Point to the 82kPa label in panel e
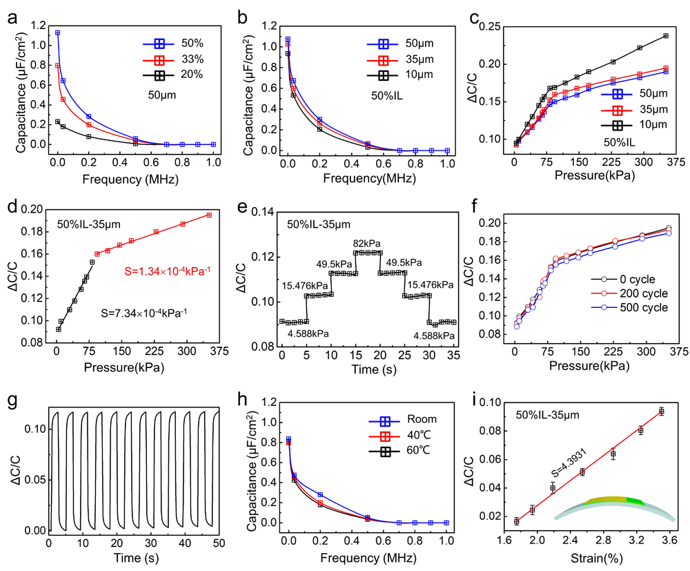(x=368, y=243)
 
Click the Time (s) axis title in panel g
(x=132, y=558)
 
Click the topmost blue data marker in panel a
(x=58, y=32)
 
